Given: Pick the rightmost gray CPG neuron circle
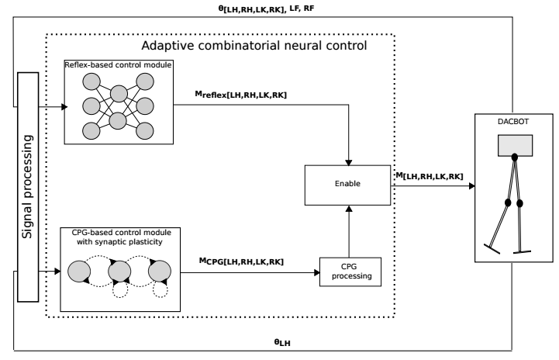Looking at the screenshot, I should [x=160, y=272].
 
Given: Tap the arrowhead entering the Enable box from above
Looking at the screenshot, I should [x=348, y=161].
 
